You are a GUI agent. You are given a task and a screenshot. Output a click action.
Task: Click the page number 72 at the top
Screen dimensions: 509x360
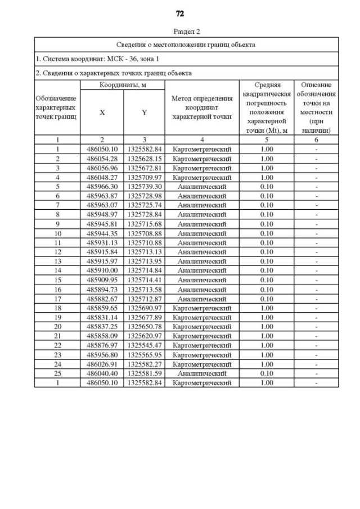180,13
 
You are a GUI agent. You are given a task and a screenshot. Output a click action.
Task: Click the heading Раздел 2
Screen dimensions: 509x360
187,31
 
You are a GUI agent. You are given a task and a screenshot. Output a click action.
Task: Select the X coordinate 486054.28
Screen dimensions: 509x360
102,159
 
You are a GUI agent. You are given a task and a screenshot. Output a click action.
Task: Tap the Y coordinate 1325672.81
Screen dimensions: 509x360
144,168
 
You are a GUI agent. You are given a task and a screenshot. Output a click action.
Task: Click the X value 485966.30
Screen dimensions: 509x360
102,186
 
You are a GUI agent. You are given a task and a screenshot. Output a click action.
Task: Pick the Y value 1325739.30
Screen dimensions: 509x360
144,186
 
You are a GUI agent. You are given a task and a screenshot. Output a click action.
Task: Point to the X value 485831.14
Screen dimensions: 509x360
102,317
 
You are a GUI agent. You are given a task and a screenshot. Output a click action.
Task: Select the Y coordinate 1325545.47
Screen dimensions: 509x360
144,345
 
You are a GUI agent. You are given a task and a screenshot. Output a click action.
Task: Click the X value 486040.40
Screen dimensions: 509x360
102,373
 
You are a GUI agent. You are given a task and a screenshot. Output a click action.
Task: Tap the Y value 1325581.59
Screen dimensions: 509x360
144,373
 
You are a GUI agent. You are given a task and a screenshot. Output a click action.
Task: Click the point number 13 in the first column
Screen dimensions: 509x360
57,261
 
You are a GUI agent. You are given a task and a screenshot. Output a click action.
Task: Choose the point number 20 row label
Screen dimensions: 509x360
57,327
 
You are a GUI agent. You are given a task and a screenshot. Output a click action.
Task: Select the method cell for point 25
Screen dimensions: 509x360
202,373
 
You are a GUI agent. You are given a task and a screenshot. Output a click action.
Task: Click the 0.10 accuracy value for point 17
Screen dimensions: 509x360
267,299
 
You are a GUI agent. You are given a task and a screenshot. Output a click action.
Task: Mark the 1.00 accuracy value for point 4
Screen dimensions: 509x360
267,177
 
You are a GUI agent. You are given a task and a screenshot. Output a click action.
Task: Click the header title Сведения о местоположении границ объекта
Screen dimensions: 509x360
186,44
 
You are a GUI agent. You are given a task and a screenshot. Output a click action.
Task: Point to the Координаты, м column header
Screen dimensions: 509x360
123,84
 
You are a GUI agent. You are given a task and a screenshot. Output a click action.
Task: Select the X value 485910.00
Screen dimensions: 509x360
102,271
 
